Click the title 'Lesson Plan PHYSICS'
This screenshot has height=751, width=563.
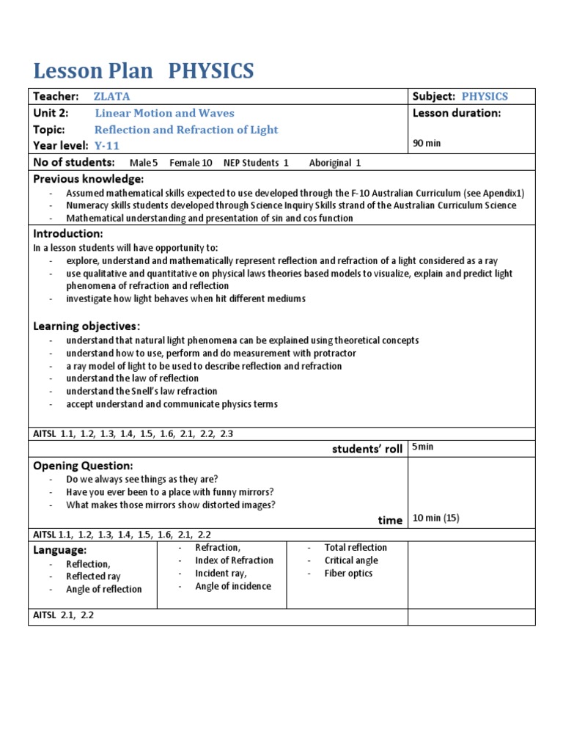tap(144, 71)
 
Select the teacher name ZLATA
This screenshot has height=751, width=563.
tap(111, 96)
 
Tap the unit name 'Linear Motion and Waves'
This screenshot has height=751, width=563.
tap(164, 113)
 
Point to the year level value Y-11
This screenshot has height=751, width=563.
tap(107, 145)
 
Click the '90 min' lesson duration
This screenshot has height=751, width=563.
tap(427, 143)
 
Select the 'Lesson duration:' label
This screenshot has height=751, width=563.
tap(457, 113)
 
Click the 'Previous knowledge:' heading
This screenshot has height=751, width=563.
tap(89, 179)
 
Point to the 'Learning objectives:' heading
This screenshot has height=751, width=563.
tap(87, 326)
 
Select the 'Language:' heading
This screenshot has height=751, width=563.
tap(60, 549)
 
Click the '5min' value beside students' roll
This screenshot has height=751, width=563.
tap(424, 447)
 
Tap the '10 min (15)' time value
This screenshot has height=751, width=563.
tap(435, 518)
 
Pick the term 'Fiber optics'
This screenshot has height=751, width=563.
tap(348, 574)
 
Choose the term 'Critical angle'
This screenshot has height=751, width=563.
tap(351, 560)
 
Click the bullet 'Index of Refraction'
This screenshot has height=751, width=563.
tap(234, 560)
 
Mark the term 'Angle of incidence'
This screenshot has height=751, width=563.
tap(232, 586)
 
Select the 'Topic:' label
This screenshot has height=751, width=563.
tap(50, 129)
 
